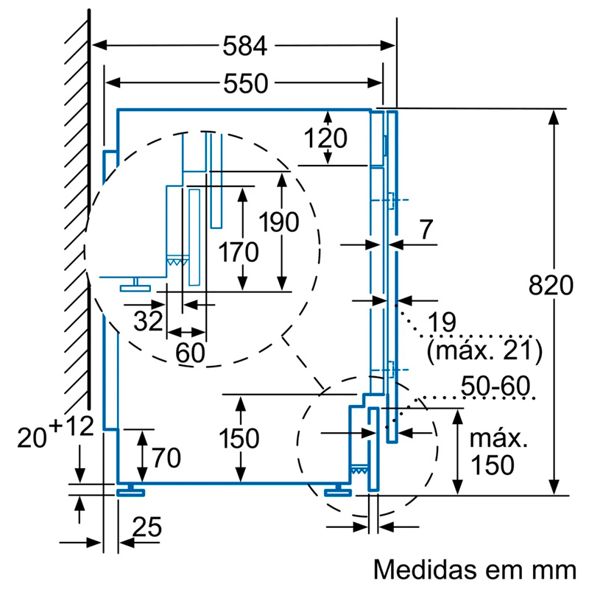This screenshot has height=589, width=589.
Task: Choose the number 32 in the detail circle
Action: click(147, 321)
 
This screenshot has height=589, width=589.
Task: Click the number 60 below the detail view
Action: click(190, 353)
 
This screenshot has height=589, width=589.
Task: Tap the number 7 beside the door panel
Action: click(426, 230)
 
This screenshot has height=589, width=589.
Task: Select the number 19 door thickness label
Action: click(440, 322)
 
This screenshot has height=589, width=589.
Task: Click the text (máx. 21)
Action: click(484, 350)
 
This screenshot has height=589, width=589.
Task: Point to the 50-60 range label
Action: click(495, 386)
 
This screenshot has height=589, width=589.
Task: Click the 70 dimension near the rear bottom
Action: click(166, 458)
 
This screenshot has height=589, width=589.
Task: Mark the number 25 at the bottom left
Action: click(147, 527)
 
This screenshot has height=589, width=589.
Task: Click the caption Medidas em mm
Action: click(474, 569)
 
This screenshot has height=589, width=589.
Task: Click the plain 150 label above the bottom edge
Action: click(239, 439)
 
